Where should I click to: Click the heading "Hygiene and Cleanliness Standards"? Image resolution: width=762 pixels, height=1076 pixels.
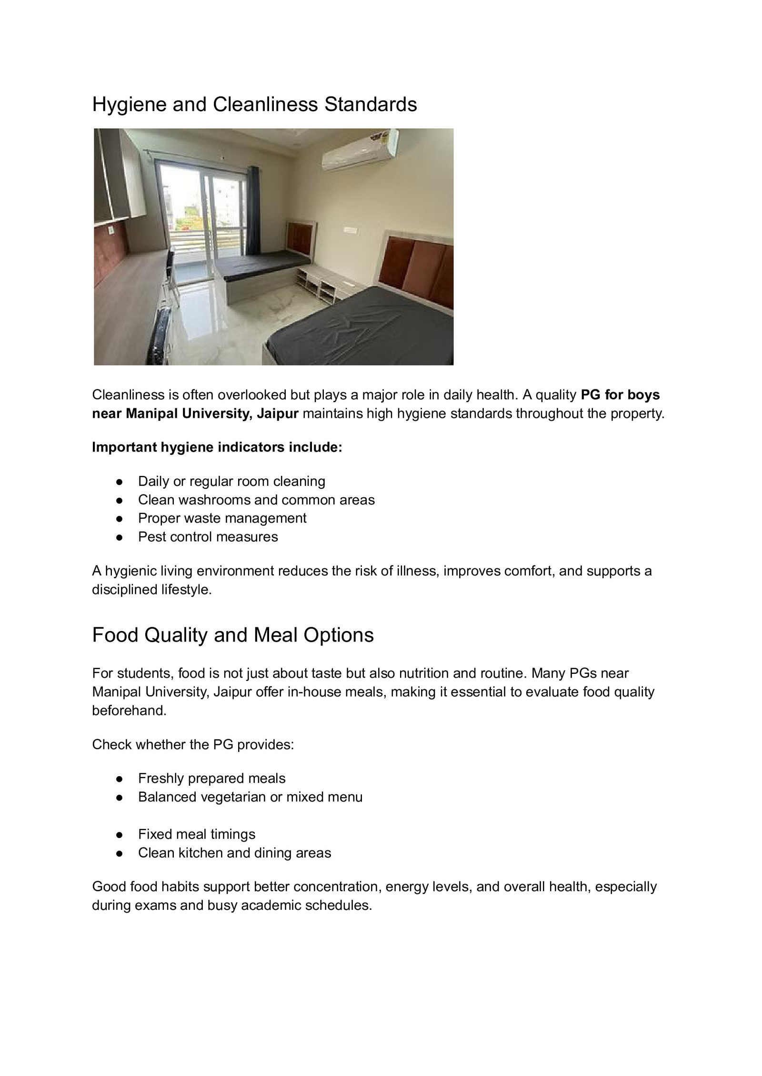pyautogui.click(x=254, y=105)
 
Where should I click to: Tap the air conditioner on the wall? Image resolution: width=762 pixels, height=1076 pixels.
pyautogui.click(x=360, y=150)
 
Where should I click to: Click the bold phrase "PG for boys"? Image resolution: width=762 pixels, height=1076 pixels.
pyautogui.click(x=620, y=395)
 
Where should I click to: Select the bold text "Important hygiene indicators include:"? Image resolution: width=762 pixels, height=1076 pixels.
pyautogui.click(x=217, y=447)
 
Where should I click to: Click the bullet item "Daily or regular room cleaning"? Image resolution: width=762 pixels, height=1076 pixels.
pyautogui.click(x=231, y=481)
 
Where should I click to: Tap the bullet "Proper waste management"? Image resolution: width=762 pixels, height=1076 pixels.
pyautogui.click(x=222, y=518)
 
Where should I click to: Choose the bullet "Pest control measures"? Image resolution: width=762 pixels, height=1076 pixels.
pyautogui.click(x=208, y=536)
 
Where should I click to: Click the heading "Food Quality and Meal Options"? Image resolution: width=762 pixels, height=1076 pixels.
pyautogui.click(x=233, y=635)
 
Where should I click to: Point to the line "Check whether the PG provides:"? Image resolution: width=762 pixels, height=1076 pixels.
pyautogui.click(x=193, y=744)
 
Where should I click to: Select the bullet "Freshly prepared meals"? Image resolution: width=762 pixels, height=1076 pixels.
pyautogui.click(x=211, y=778)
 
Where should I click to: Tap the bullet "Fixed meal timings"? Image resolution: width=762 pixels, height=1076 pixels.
pyautogui.click(x=197, y=834)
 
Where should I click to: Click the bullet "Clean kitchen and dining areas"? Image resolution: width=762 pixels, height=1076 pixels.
pyautogui.click(x=234, y=852)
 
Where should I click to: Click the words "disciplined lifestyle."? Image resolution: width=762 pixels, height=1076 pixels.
pyautogui.click(x=151, y=589)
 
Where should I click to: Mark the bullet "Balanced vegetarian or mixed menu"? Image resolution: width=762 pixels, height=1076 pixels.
pyautogui.click(x=250, y=797)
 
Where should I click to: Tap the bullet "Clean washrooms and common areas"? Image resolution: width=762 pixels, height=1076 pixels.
pyautogui.click(x=256, y=500)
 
